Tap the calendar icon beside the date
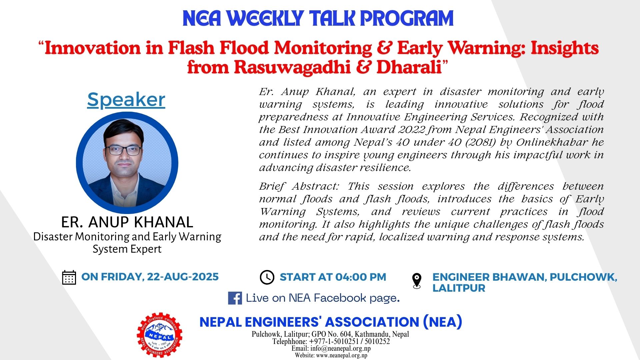coord(69,277)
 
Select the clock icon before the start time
coord(267,277)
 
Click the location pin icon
coord(417,281)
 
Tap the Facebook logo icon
coord(235,298)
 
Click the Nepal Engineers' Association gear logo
coord(159,335)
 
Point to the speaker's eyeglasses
coord(124,150)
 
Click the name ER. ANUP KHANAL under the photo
coord(127,222)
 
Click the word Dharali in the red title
coord(409,67)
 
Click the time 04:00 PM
coord(360,277)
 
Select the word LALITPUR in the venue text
coord(459,288)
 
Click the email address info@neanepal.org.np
coord(340,348)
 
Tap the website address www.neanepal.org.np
coord(342,355)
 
